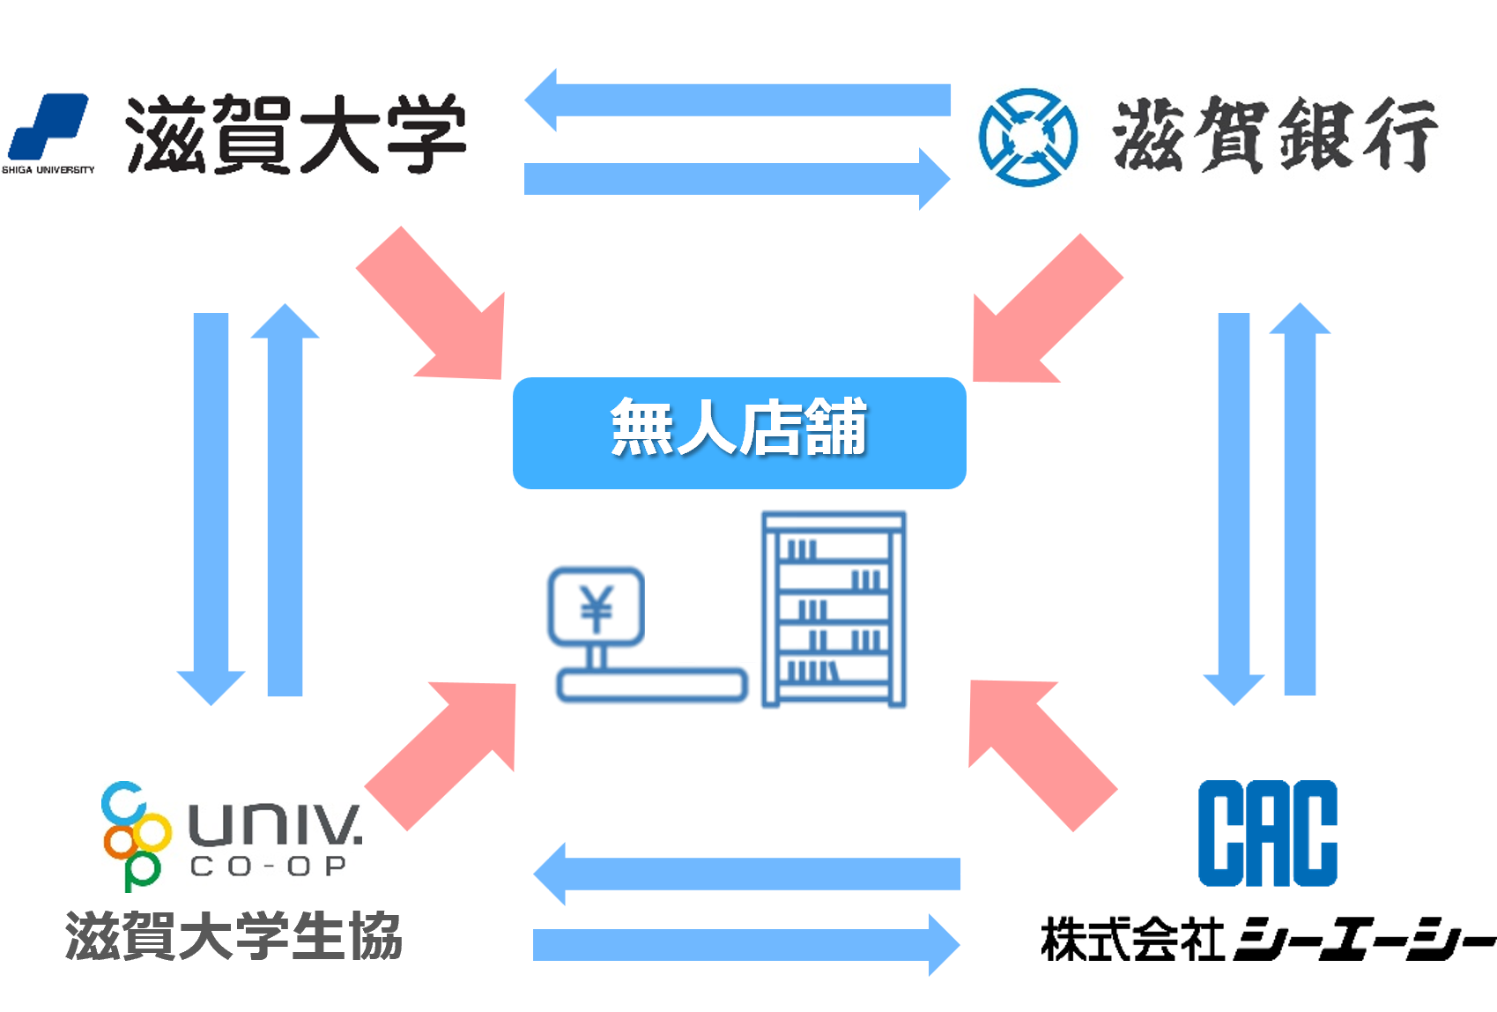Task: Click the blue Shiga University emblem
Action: (x=48, y=128)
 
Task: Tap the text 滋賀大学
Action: (x=295, y=134)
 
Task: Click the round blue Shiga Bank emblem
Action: (x=1027, y=138)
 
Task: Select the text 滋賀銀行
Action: (x=1274, y=135)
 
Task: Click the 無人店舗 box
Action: (x=738, y=432)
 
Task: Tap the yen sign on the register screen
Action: (x=597, y=606)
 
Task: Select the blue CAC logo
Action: (x=1267, y=833)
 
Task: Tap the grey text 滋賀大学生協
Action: (x=233, y=936)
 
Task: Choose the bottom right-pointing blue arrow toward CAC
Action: (x=745, y=945)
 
